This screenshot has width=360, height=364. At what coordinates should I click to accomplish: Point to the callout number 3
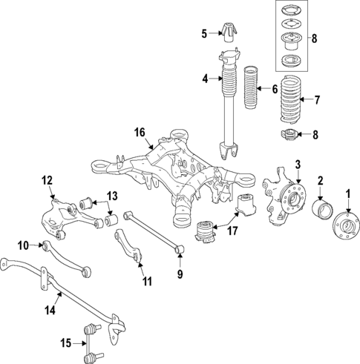coord(298,164)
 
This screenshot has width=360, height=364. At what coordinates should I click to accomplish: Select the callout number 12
coord(47,179)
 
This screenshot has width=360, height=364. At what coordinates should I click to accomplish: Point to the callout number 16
coord(139,132)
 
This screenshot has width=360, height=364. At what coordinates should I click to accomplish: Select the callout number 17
coord(232,231)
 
